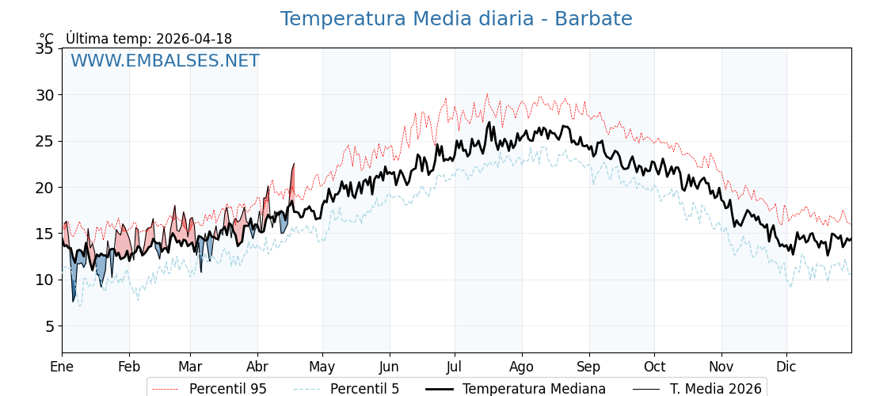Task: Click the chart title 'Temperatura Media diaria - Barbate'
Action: (x=456, y=19)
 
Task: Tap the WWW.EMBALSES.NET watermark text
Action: (x=165, y=61)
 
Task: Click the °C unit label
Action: (x=47, y=39)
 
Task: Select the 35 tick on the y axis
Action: (x=44, y=48)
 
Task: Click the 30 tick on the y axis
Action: (x=44, y=95)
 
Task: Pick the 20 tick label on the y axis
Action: (x=44, y=188)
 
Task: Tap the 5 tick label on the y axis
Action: (x=49, y=326)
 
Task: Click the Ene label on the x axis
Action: (x=62, y=367)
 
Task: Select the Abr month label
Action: (x=257, y=367)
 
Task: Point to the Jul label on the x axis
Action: (x=455, y=367)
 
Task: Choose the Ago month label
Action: (x=522, y=367)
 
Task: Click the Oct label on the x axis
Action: (x=654, y=367)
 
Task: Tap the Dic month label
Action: (x=786, y=367)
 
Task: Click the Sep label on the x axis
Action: (x=589, y=367)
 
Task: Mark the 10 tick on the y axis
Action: (x=44, y=280)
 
